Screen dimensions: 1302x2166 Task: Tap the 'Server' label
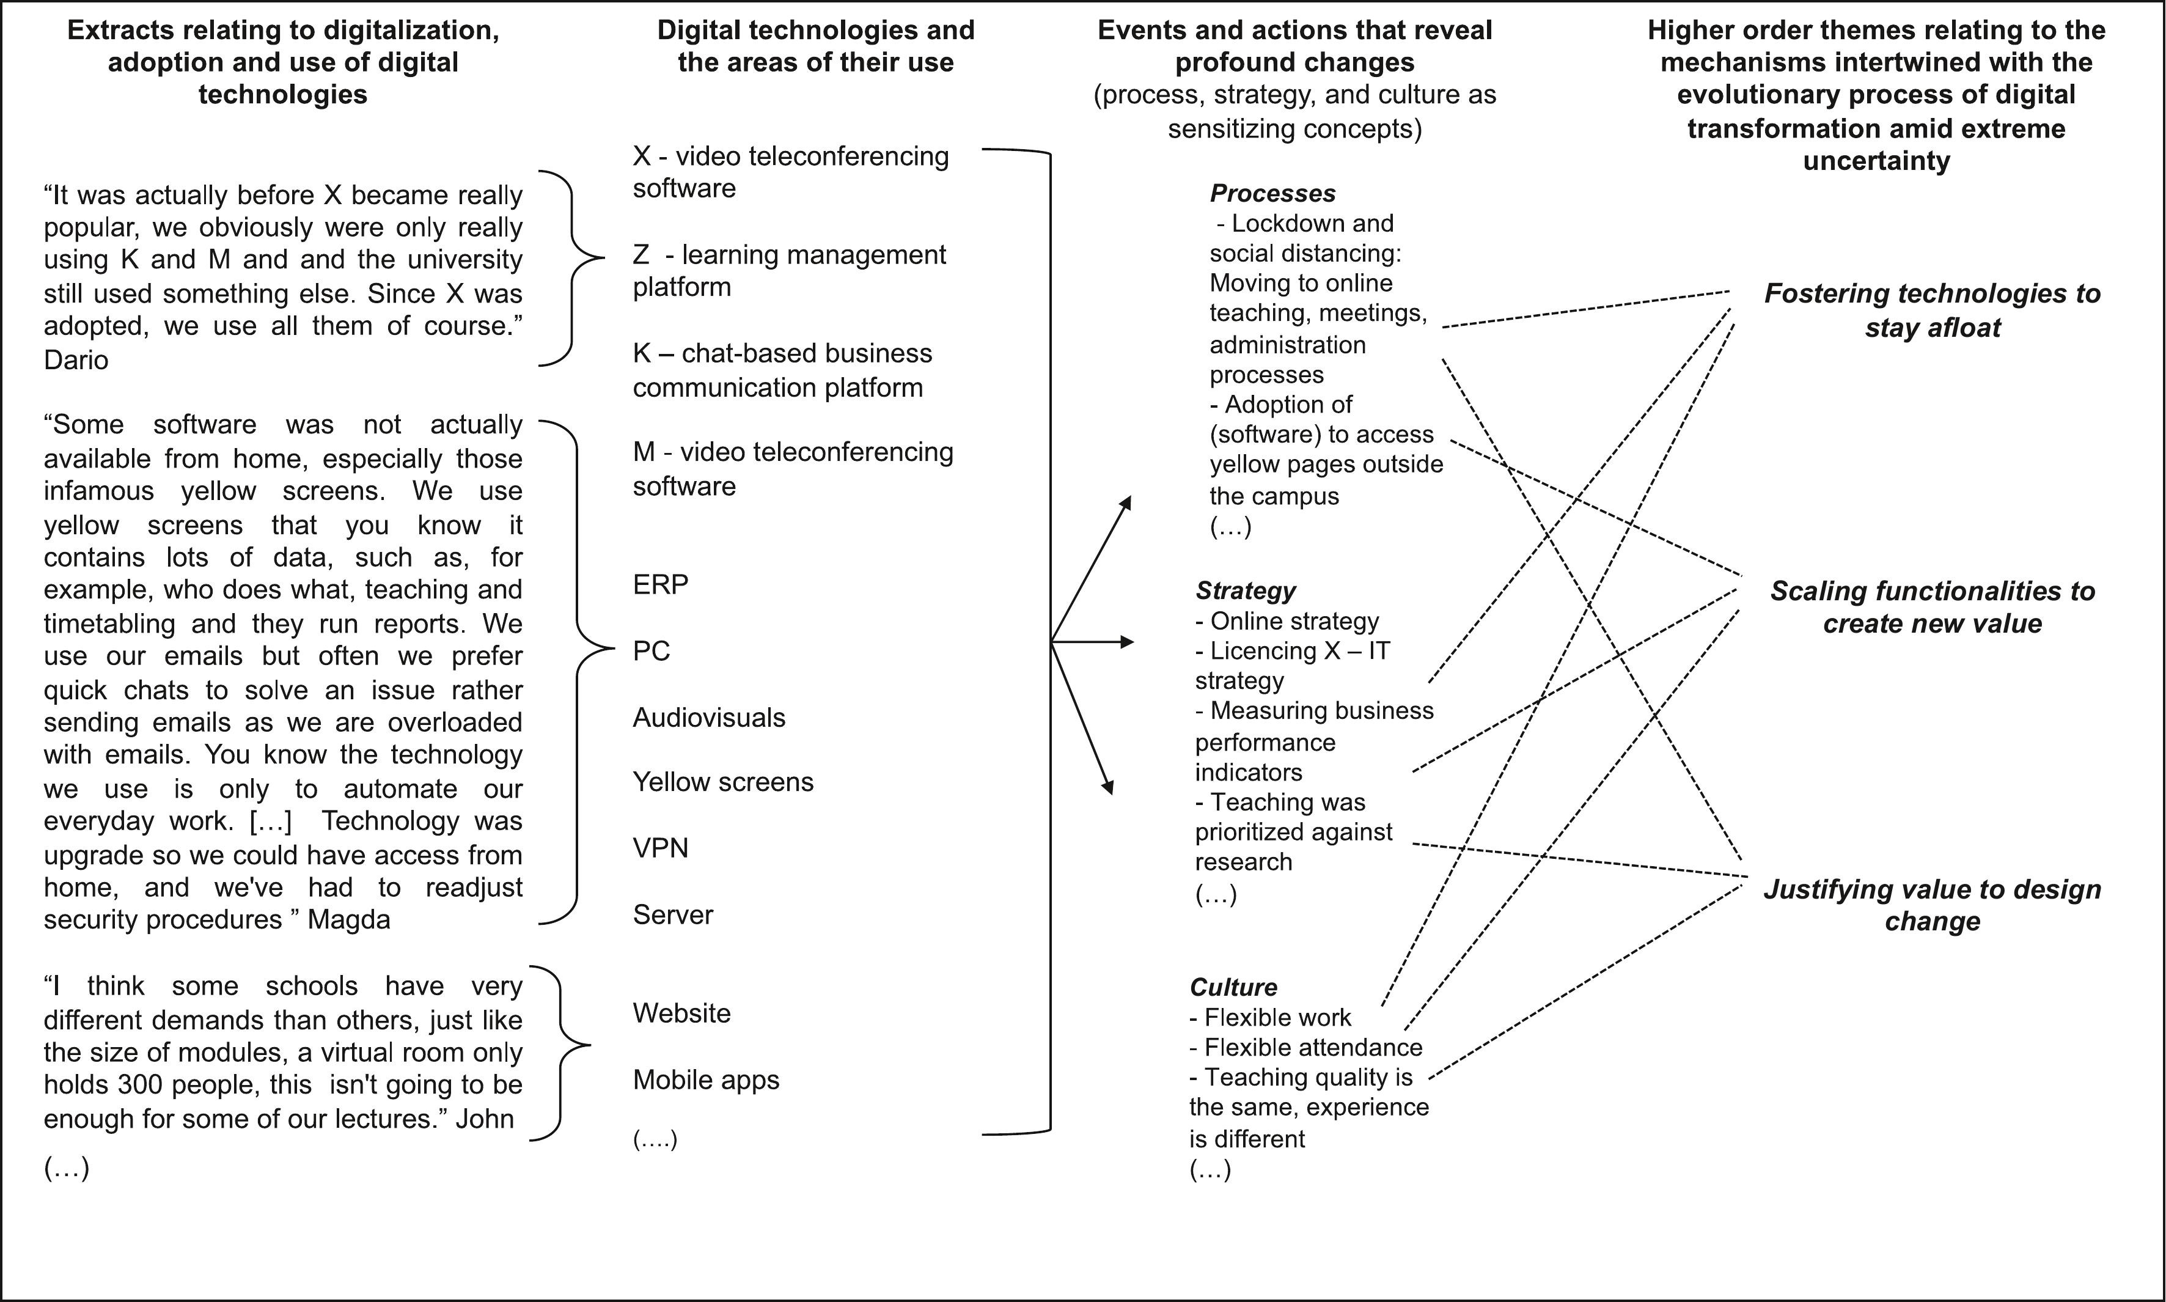[673, 915]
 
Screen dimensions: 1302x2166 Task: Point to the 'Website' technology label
[681, 1013]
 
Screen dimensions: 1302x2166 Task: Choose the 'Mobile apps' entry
[706, 1080]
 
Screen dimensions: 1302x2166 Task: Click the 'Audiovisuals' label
[709, 718]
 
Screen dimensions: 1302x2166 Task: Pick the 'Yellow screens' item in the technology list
[723, 782]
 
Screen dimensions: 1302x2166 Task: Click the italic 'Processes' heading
[1272, 193]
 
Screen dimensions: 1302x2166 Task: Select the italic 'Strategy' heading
[1245, 590]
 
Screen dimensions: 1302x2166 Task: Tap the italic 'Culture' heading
[1233, 987]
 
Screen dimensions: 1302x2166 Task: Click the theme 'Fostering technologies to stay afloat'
[1932, 311]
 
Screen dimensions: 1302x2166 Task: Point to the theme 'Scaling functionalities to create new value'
[1932, 607]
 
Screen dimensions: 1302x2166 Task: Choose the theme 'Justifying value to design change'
[1932, 905]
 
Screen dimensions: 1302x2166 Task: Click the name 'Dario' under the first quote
[76, 359]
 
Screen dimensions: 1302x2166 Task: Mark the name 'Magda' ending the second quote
[348, 919]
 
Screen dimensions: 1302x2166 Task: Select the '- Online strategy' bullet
[1287, 621]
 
